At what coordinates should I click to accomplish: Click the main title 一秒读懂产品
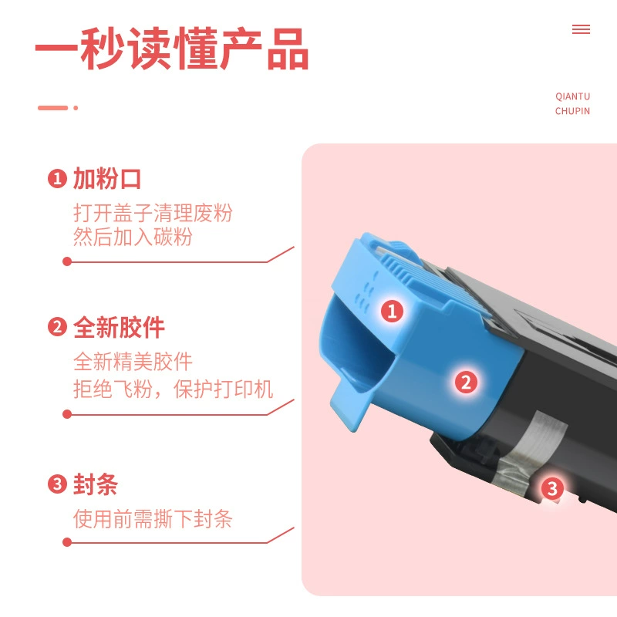172,49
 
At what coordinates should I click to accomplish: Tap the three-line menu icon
581,29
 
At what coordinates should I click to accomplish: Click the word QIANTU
572,96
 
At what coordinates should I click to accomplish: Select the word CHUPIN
572,111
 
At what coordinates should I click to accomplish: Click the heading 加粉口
107,179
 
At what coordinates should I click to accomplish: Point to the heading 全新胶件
119,327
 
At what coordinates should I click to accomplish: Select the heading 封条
96,484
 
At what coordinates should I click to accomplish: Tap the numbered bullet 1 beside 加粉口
57,179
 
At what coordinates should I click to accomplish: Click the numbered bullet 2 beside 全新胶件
57,327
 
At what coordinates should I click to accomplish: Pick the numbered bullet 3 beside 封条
57,484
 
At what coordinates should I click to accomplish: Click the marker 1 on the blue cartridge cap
392,311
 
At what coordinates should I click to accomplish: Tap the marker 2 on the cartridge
466,382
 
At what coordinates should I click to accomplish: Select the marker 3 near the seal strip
552,489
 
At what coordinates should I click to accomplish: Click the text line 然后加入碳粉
133,237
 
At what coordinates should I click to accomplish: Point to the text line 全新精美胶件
133,361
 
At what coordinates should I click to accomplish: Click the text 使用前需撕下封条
153,518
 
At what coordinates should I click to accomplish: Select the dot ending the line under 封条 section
67,542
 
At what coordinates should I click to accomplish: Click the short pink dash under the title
52,108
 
